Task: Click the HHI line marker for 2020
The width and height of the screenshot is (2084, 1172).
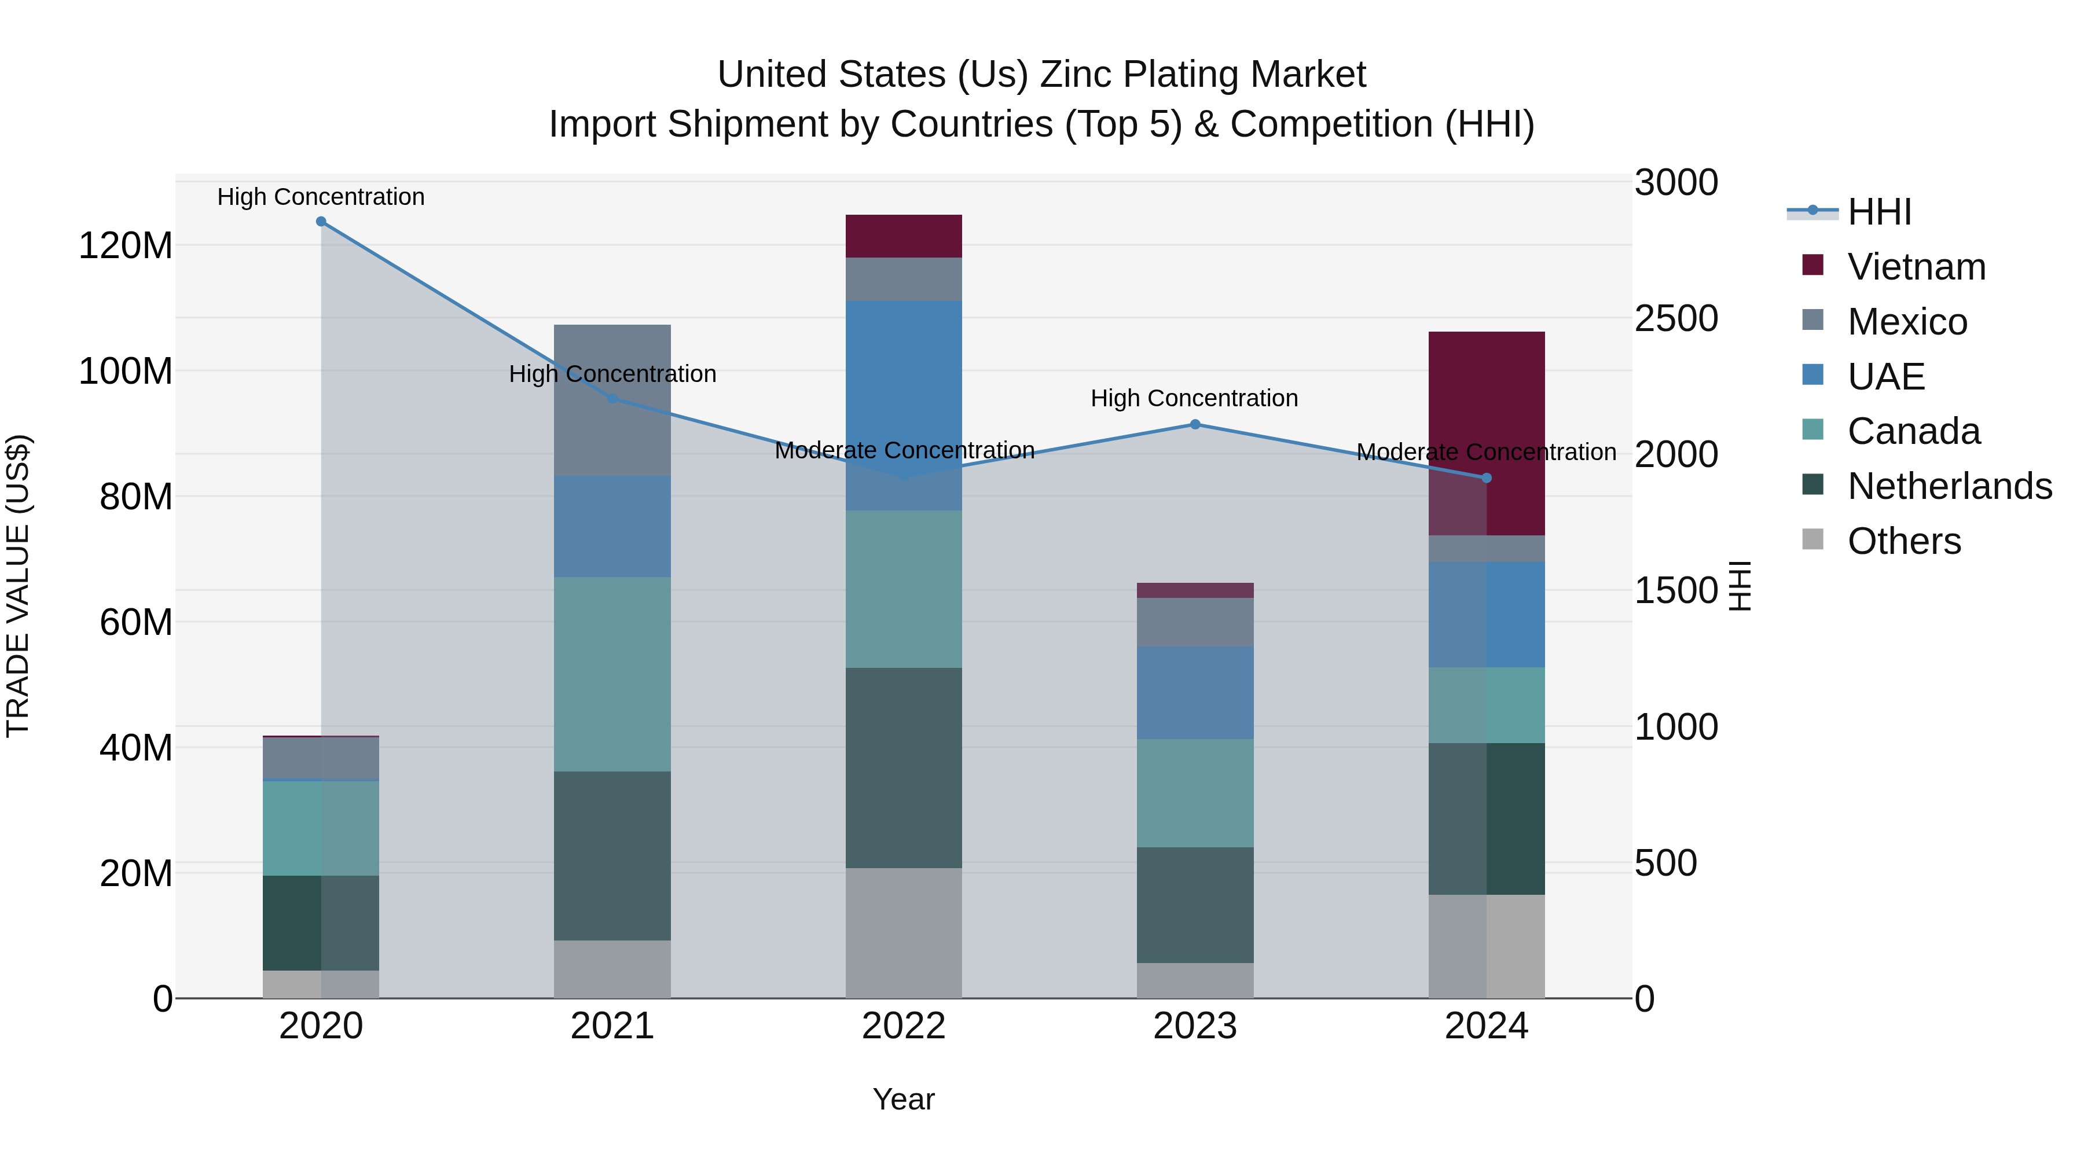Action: tap(321, 222)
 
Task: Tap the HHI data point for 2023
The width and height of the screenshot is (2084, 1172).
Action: tap(1195, 425)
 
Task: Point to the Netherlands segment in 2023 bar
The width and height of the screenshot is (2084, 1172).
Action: tap(1195, 905)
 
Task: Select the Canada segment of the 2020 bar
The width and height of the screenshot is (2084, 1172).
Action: tap(321, 828)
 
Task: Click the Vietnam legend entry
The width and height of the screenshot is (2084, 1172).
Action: tap(1916, 267)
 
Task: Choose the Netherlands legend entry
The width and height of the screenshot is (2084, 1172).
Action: tap(1948, 486)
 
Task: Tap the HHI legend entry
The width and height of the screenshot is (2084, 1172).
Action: tap(1878, 212)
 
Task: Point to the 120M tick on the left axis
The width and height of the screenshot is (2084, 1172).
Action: tap(126, 245)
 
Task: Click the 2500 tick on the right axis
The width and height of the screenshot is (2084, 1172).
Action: tap(1675, 319)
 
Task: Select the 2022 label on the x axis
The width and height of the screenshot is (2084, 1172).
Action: tap(904, 1026)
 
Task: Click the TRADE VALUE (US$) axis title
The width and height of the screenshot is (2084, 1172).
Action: tap(18, 586)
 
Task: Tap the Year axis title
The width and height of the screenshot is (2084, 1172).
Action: tap(904, 1099)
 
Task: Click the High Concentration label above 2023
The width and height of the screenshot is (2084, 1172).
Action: tap(1194, 398)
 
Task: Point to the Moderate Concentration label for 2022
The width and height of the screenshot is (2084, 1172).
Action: tap(904, 450)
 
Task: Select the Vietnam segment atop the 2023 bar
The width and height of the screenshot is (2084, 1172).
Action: tap(1195, 590)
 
